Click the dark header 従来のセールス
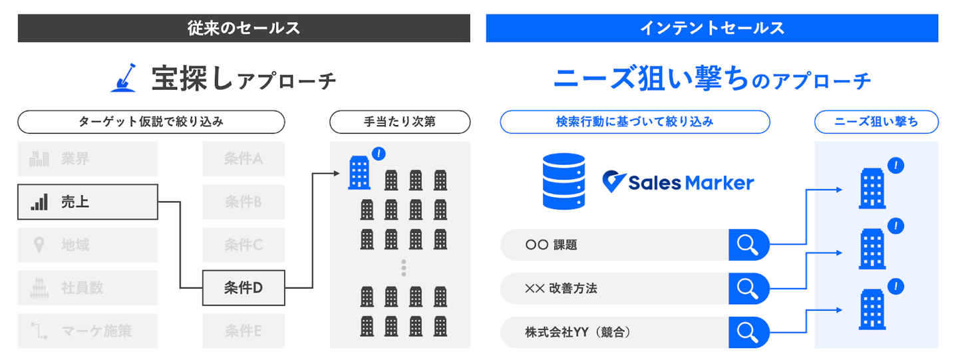(x=243, y=28)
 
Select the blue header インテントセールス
(x=712, y=28)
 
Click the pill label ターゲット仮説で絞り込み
(x=151, y=122)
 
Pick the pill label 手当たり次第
(x=399, y=122)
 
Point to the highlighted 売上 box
(x=87, y=202)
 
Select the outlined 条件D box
(x=243, y=287)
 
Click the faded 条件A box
(x=243, y=159)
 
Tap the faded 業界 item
(x=87, y=159)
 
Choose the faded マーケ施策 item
(x=87, y=330)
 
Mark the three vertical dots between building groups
(x=403, y=268)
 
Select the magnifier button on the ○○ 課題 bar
(x=748, y=245)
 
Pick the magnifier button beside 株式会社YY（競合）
(x=748, y=331)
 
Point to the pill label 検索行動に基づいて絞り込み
(x=634, y=122)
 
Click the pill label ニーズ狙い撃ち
(x=876, y=122)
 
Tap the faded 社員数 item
(x=87, y=287)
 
